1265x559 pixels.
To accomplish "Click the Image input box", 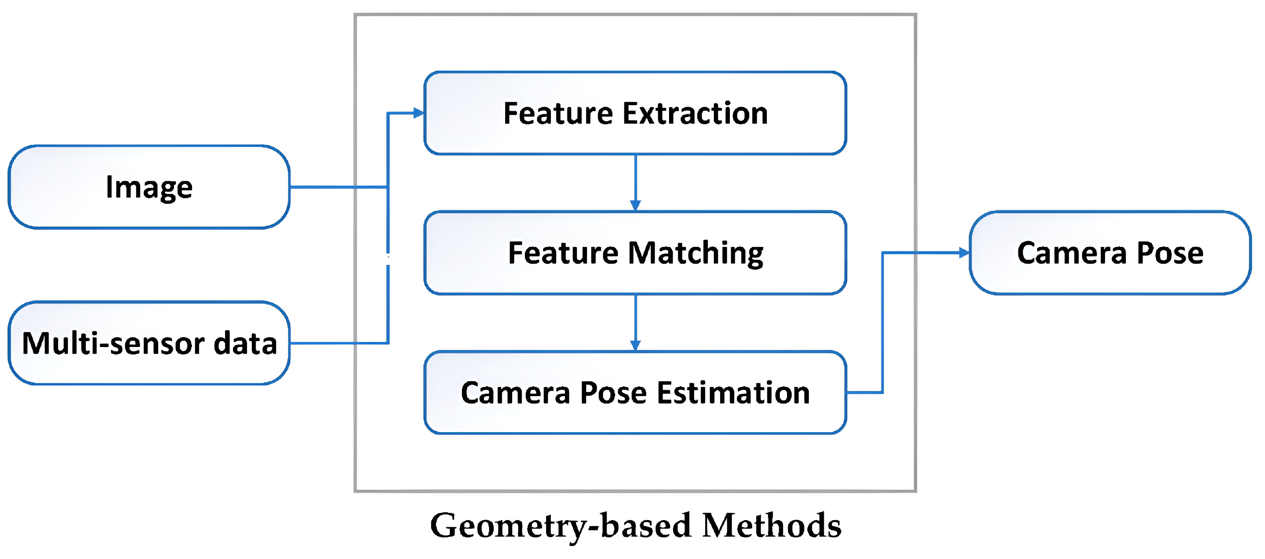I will click(149, 187).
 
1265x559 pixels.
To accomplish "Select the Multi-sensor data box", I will click(149, 343).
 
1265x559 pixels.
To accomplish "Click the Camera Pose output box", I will click(1110, 253).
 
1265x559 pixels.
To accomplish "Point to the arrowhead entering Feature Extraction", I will click(418, 113).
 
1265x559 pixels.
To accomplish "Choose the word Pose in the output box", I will click(1170, 253).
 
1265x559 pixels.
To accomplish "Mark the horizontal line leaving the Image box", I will click(338, 187).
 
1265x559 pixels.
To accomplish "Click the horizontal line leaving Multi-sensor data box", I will click(338, 343).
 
